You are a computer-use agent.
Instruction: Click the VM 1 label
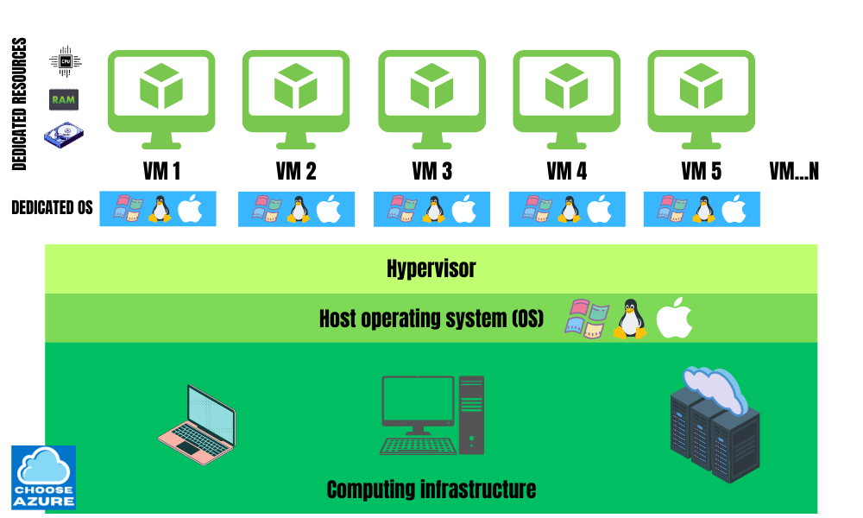(x=161, y=171)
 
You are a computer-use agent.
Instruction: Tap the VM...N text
(x=793, y=171)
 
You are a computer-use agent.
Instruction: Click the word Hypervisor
(x=431, y=268)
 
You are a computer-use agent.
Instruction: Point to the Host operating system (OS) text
(x=431, y=319)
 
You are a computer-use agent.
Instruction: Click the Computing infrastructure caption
(x=431, y=490)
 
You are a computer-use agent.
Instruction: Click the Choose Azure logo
(x=43, y=477)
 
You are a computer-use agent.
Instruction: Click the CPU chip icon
(x=65, y=61)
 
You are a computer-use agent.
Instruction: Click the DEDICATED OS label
(x=52, y=208)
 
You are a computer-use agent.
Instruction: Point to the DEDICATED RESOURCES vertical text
(x=20, y=104)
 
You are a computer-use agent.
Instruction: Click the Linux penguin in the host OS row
(x=630, y=319)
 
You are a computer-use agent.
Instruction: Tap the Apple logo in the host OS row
(x=675, y=320)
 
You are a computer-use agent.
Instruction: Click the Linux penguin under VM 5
(x=702, y=209)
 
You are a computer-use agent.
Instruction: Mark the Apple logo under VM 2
(x=328, y=209)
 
